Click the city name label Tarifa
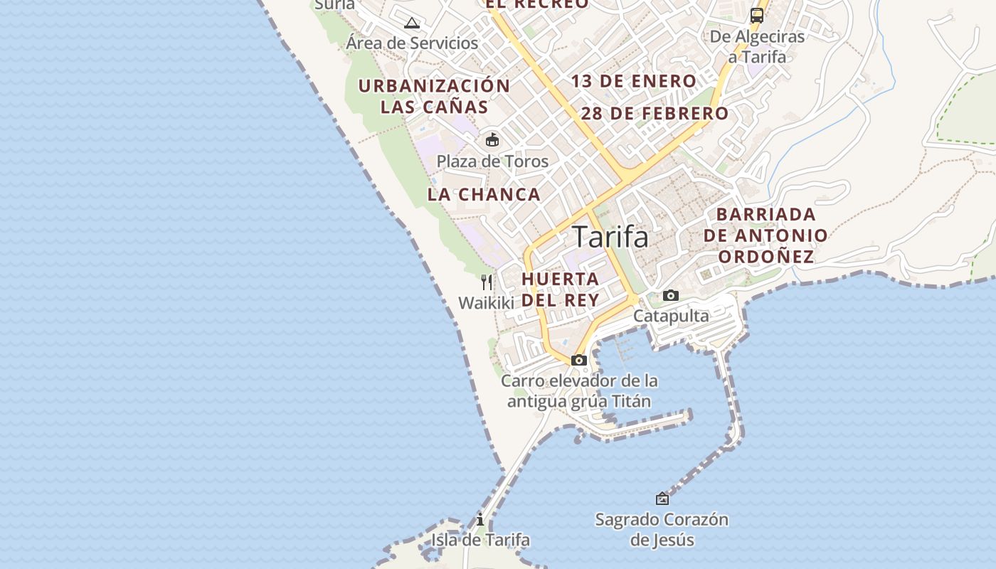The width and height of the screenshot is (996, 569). pyautogui.click(x=610, y=237)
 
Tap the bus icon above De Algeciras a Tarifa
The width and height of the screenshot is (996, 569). pyautogui.click(x=757, y=15)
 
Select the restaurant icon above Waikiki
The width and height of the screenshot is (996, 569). pyautogui.click(x=487, y=282)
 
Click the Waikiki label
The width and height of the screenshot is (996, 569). pyautogui.click(x=486, y=303)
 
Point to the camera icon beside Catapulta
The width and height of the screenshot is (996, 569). pyautogui.click(x=670, y=295)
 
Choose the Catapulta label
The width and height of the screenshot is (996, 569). pyautogui.click(x=671, y=316)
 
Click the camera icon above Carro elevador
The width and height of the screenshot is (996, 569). pyautogui.click(x=579, y=360)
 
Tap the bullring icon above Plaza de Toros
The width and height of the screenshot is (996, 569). pyautogui.click(x=492, y=139)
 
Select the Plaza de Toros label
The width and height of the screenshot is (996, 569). pyautogui.click(x=492, y=161)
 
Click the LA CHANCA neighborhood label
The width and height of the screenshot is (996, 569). pyautogui.click(x=484, y=194)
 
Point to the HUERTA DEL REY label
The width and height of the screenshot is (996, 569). pyautogui.click(x=561, y=289)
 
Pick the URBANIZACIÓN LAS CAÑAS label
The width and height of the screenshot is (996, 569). pyautogui.click(x=434, y=97)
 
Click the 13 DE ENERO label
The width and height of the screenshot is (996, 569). pyautogui.click(x=633, y=81)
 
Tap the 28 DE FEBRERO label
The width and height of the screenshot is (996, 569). pyautogui.click(x=655, y=113)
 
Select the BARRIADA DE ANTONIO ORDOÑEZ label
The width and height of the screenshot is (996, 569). pyautogui.click(x=765, y=235)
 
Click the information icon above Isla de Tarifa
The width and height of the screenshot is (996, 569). pyautogui.click(x=480, y=519)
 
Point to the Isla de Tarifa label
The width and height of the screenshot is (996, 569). pyautogui.click(x=480, y=540)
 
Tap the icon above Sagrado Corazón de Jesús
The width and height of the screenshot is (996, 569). pyautogui.click(x=662, y=499)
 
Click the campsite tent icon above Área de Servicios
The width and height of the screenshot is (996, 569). pyautogui.click(x=412, y=23)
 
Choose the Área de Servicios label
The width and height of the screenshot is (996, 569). pyautogui.click(x=412, y=43)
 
